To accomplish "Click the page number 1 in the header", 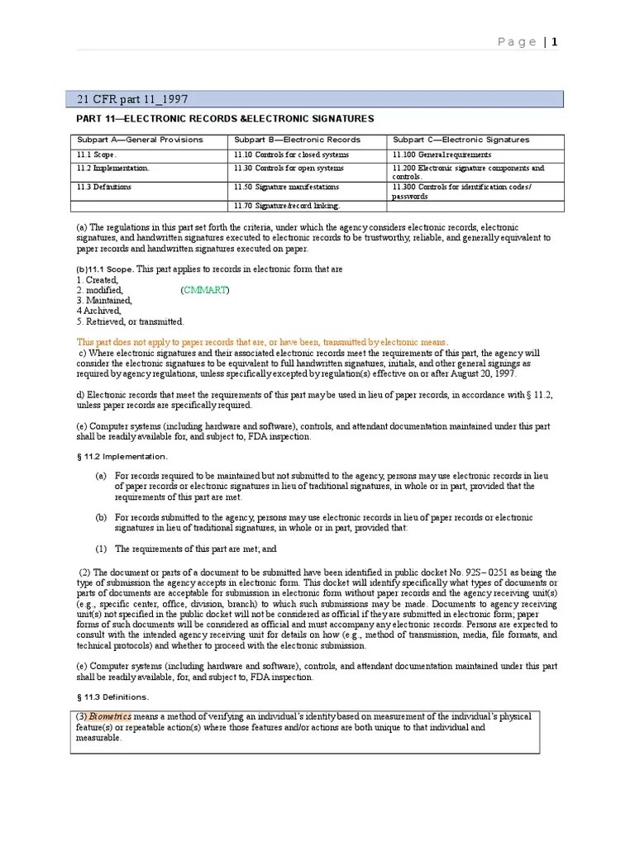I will (555, 42).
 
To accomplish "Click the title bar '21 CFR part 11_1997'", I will (132, 99).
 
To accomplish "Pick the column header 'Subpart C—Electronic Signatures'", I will (461, 140).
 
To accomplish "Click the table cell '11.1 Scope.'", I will (97, 154).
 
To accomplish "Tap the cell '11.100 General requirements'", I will (442, 154).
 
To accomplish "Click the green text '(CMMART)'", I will (206, 290).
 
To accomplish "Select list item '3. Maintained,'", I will (104, 301).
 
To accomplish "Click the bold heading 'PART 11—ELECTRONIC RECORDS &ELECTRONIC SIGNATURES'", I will (225, 119).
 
